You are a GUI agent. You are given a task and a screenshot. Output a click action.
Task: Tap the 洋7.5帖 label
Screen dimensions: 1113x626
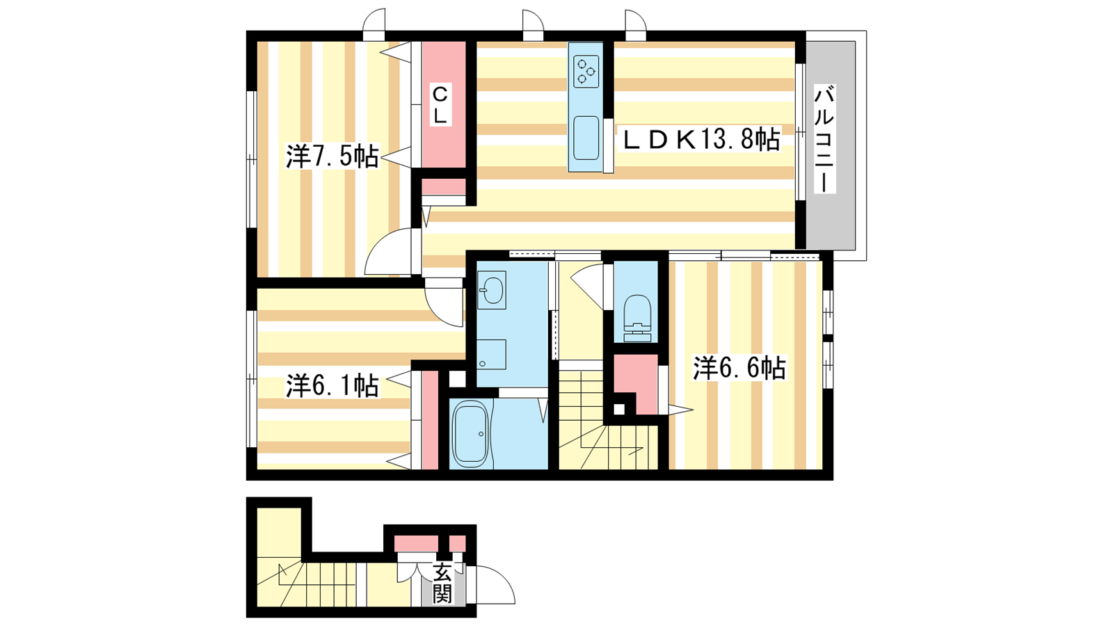333,156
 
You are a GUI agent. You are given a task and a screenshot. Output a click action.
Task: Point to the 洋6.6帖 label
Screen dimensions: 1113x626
739,368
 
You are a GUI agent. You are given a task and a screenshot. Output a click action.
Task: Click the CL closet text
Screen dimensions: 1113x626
440,105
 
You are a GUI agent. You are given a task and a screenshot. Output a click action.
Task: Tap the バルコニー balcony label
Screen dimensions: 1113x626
825,139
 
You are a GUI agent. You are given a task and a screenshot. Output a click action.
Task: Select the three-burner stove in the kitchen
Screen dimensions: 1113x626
586,70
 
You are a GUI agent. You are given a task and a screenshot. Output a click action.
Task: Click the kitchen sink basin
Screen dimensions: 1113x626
586,138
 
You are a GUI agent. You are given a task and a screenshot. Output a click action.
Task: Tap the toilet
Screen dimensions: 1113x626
637,318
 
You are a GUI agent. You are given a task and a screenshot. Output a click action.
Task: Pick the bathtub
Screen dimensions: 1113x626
470,434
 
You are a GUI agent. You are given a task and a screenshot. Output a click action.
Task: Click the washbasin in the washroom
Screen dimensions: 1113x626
491,289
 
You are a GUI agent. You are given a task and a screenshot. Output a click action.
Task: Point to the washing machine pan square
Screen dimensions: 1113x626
491,354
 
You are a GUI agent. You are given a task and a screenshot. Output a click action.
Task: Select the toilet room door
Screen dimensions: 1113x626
588,288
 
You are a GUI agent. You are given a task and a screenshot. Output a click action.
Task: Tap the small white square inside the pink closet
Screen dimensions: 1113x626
619,410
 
